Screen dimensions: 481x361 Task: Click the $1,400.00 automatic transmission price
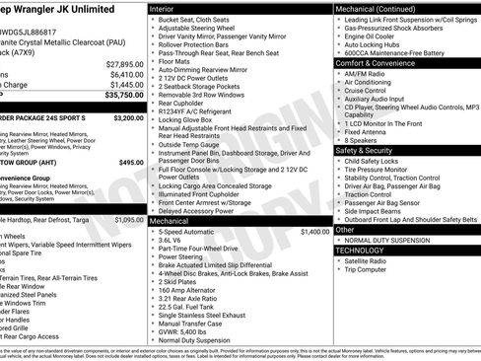tap(314, 231)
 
